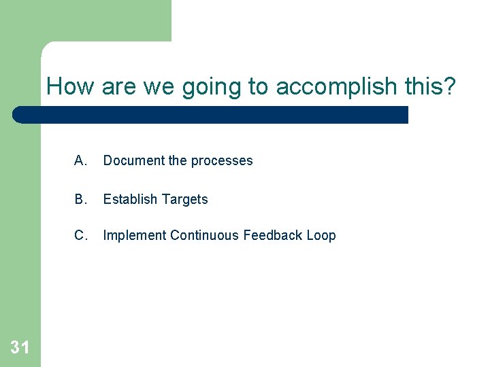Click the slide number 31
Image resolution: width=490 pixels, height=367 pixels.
pyautogui.click(x=20, y=348)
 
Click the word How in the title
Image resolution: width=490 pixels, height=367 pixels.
pyautogui.click(x=71, y=86)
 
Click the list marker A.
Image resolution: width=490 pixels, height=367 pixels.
pyautogui.click(x=81, y=160)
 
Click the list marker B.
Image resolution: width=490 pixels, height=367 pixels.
pyautogui.click(x=81, y=199)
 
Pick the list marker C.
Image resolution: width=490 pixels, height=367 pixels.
pyautogui.click(x=81, y=235)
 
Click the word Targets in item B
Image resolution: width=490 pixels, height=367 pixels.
pyautogui.click(x=184, y=200)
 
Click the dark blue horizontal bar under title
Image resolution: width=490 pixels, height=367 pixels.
pyautogui.click(x=211, y=114)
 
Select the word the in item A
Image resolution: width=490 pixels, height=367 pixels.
pyautogui.click(x=177, y=160)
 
